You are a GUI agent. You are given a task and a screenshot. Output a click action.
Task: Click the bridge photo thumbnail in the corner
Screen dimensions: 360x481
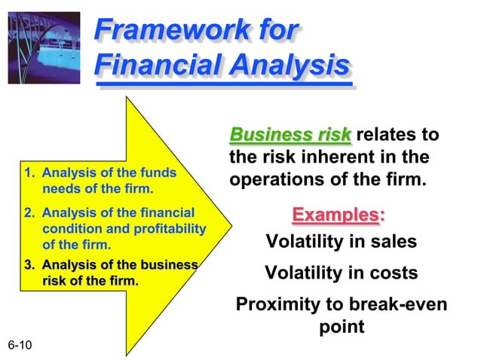pyautogui.click(x=44, y=42)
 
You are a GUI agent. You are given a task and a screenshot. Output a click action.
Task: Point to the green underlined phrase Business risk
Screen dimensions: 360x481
pyautogui.click(x=290, y=136)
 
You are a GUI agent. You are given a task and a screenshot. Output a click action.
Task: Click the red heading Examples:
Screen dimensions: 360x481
pyautogui.click(x=338, y=215)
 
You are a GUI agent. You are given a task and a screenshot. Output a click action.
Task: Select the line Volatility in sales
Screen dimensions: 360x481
pyautogui.click(x=341, y=243)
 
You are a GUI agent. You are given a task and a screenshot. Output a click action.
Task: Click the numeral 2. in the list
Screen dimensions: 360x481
pyautogui.click(x=29, y=213)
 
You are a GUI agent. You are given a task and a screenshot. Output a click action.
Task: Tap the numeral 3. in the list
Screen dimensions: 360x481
pyautogui.click(x=29, y=266)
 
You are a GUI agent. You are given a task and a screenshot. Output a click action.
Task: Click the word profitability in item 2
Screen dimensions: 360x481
pyautogui.click(x=169, y=229)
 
